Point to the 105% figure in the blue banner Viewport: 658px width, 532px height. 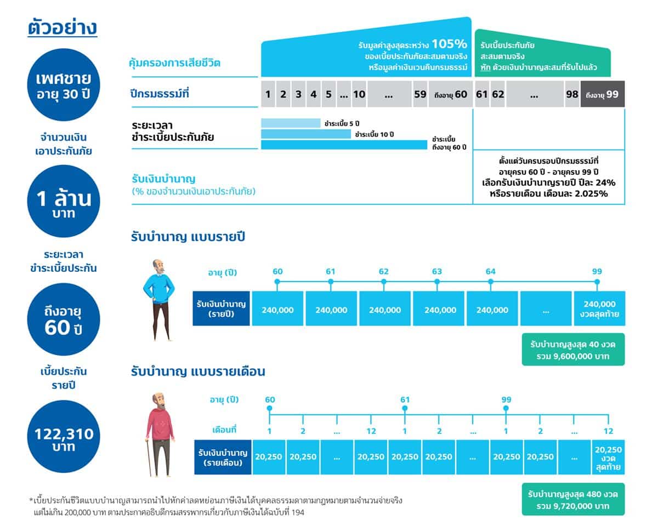click(x=449, y=44)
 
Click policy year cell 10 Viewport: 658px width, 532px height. click(x=359, y=94)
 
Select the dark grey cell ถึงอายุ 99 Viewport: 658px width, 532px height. click(x=602, y=94)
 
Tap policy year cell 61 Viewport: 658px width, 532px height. click(x=481, y=94)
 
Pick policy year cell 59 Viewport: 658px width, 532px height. click(x=420, y=94)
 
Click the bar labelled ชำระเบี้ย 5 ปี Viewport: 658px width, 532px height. click(x=290, y=123)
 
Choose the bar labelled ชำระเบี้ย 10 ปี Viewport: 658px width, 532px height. click(x=305, y=134)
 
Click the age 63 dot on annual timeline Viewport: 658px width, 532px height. click(x=437, y=282)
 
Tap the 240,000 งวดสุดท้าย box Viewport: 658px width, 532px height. click(x=599, y=309)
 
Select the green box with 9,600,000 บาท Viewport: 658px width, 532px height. click(x=573, y=351)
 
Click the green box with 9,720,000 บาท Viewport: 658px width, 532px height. click(x=573, y=499)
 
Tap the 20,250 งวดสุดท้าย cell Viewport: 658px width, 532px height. click(x=608, y=456)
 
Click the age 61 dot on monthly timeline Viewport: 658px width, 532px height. click(x=405, y=408)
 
